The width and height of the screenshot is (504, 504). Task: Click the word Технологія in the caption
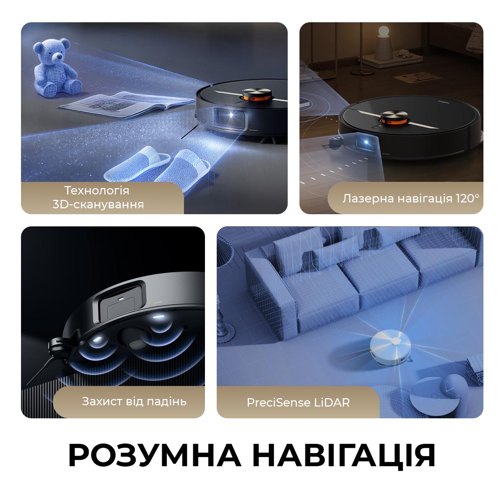coord(97,190)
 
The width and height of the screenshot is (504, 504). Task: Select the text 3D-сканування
coord(98,205)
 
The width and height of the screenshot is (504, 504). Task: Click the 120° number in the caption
coord(467,198)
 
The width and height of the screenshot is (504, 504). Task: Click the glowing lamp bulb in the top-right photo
coord(384,31)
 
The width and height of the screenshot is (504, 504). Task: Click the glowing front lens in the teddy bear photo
coord(232,113)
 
